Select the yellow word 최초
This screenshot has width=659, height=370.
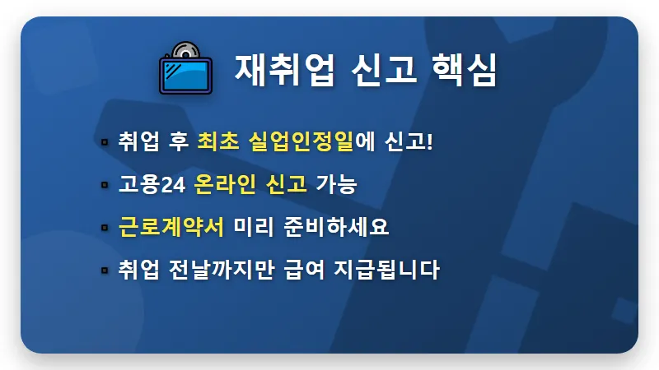pos(217,141)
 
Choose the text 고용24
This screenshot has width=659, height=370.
pos(152,183)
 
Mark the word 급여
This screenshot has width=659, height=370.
pos(308,269)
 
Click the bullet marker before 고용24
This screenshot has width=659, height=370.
pos(104,184)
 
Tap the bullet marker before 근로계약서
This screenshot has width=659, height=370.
pos(104,227)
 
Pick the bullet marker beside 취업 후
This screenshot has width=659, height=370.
pos(104,141)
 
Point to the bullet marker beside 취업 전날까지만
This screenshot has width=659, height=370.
pos(104,270)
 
